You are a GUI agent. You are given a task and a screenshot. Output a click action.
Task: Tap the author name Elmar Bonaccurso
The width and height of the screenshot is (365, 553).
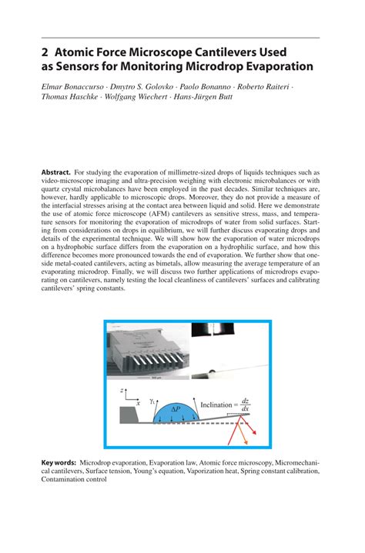(x=75, y=88)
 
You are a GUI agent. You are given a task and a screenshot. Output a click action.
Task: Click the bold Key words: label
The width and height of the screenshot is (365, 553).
(x=59, y=463)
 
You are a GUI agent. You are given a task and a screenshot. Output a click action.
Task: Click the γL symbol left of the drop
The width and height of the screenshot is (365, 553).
(x=153, y=400)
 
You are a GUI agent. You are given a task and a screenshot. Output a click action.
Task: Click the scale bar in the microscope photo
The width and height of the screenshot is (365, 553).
(x=155, y=378)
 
